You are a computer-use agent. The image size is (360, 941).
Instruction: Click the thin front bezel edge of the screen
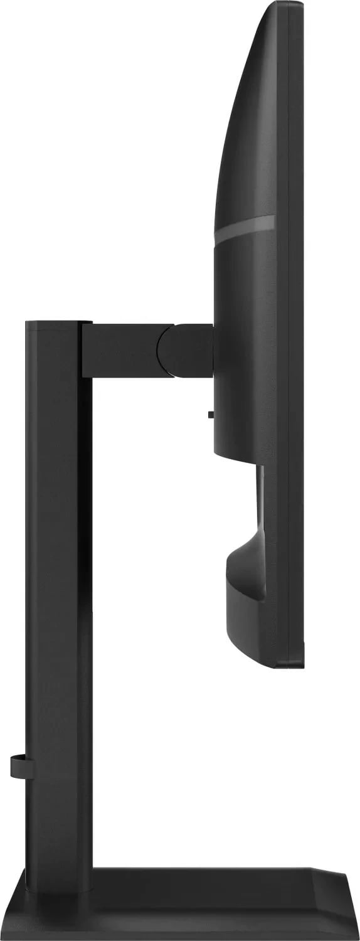pyautogui.click(x=299, y=314)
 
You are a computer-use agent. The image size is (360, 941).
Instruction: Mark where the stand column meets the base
pyautogui.click(x=60, y=869)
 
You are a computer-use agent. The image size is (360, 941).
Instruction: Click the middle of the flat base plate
pyautogui.click(x=188, y=903)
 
